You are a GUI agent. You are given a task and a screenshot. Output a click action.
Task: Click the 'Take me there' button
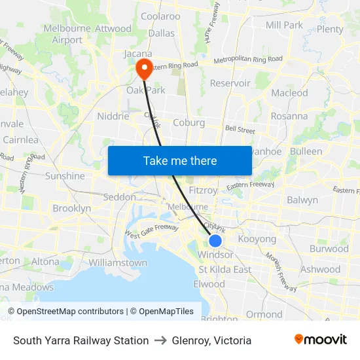pyautogui.click(x=180, y=160)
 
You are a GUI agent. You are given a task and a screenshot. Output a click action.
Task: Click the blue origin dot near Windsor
pyautogui.click(x=215, y=240)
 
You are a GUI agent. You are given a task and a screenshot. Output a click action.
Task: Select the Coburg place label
pyautogui.click(x=189, y=122)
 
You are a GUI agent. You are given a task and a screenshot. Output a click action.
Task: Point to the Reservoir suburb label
pyautogui.click(x=230, y=83)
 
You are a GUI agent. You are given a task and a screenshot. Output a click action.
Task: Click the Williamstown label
pyautogui.click(x=117, y=262)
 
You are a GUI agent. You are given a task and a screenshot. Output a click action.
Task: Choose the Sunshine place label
pyautogui.click(x=65, y=175)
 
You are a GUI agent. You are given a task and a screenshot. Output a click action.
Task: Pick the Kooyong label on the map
pyautogui.click(x=257, y=239)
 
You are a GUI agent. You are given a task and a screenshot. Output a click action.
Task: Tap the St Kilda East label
pyautogui.click(x=225, y=269)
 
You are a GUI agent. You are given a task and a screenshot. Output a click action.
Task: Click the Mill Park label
pyautogui.click(x=284, y=25)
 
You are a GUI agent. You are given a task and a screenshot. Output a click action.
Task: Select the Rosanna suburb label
pyautogui.click(x=289, y=116)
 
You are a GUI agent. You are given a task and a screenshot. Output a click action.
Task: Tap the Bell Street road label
pyautogui.click(x=240, y=130)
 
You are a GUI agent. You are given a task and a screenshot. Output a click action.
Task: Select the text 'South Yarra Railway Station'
pyautogui.click(x=81, y=340)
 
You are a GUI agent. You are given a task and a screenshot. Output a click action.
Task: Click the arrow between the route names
pyautogui.click(x=160, y=340)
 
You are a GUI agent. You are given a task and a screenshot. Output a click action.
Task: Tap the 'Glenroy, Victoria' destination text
pyautogui.click(x=211, y=340)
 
